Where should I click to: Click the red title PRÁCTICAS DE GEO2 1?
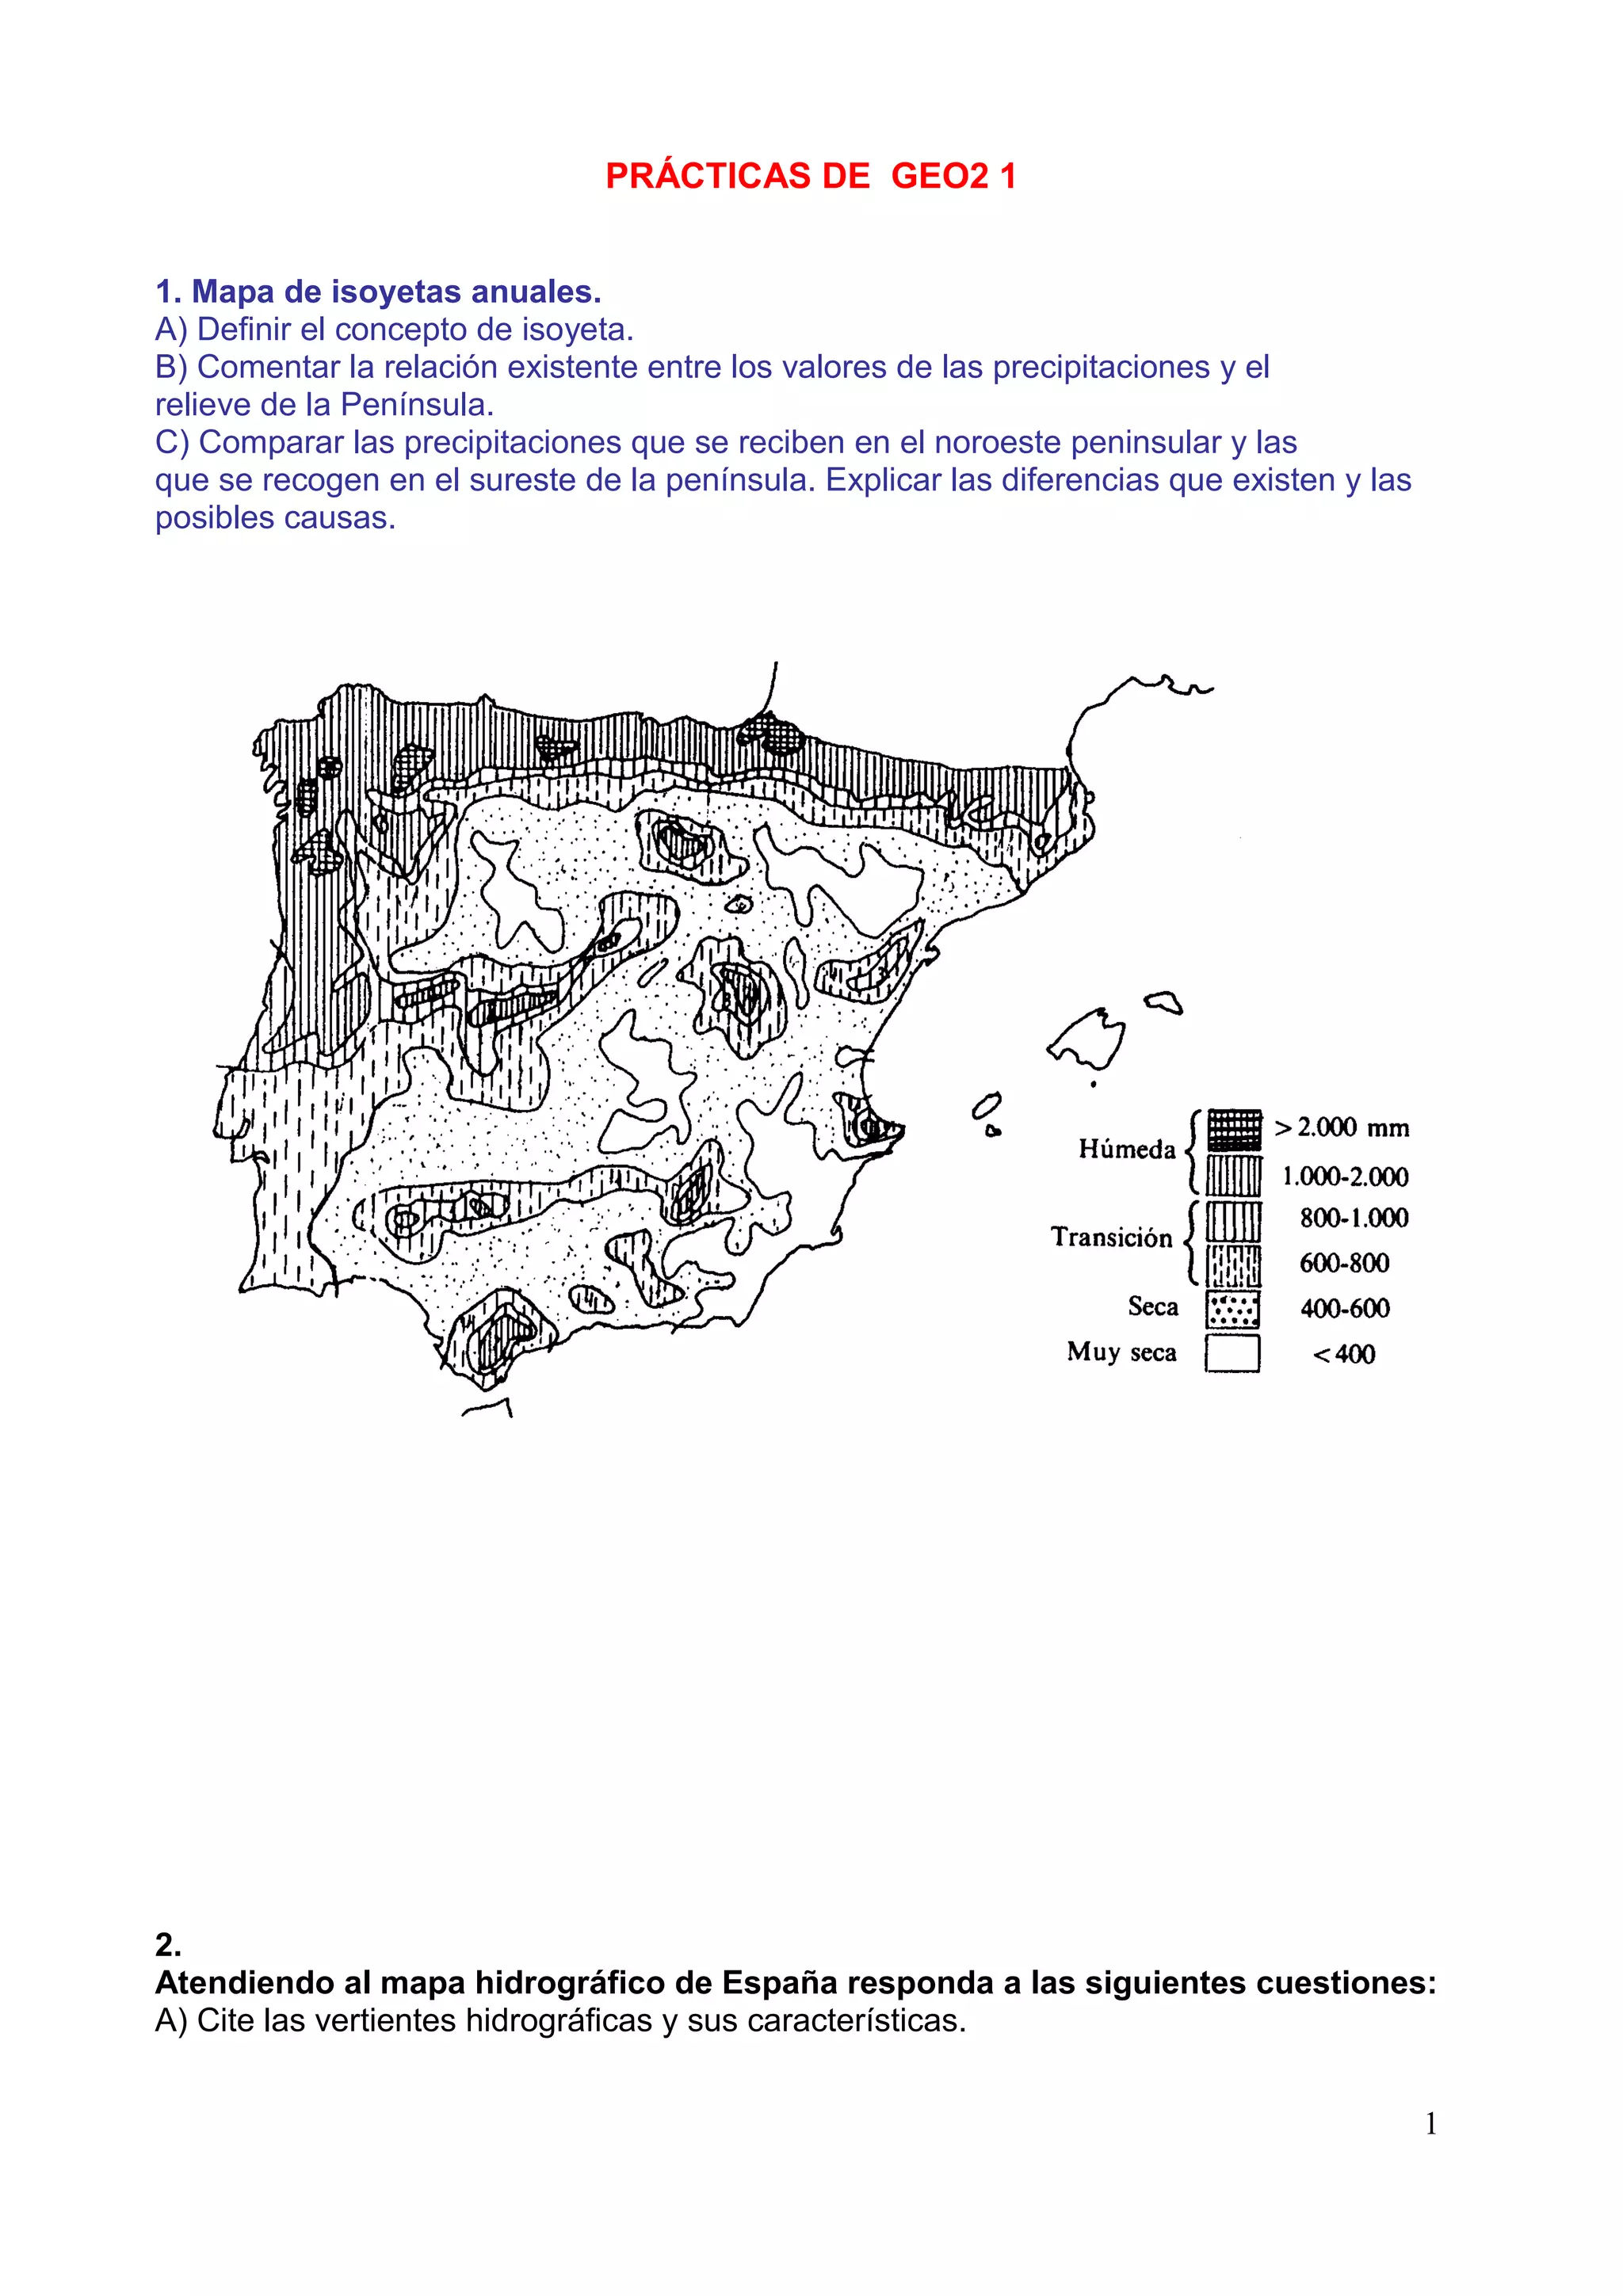(810, 176)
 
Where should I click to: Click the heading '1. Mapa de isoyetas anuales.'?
(378, 292)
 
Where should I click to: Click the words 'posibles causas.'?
(275, 518)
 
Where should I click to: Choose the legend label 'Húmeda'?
(1126, 1149)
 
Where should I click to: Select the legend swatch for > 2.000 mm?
(1233, 1130)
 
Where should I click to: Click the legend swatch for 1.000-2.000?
(1233, 1176)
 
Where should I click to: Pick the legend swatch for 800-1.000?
(1233, 1221)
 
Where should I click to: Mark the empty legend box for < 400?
(1232, 1354)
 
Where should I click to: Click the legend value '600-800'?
(1344, 1263)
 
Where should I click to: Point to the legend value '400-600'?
(1344, 1308)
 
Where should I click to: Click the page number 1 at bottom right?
(1430, 2123)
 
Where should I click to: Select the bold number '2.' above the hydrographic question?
(168, 1944)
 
